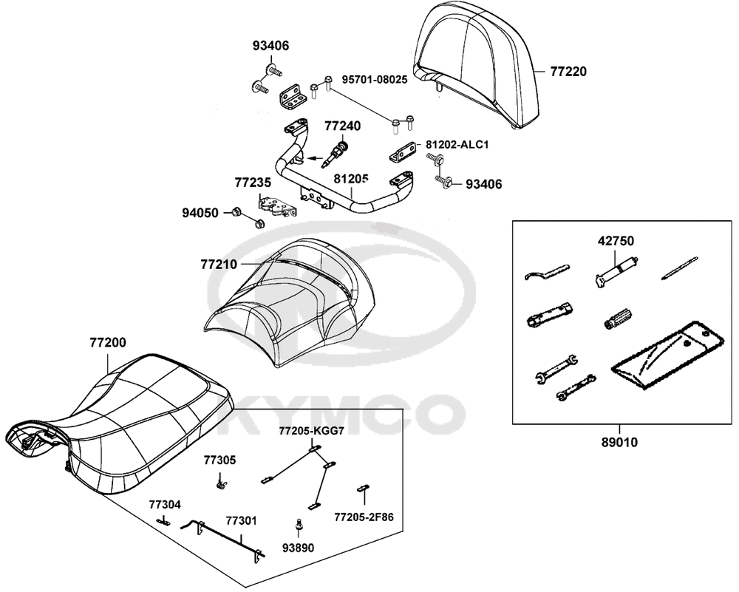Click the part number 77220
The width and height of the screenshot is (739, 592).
coord(568,72)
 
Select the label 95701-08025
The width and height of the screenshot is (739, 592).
coord(375,80)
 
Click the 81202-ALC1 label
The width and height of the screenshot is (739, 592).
coord(457,145)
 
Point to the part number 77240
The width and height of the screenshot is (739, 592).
coord(343,126)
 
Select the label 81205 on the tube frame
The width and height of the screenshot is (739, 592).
coord(351,179)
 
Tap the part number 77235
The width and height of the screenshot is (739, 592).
coord(253,183)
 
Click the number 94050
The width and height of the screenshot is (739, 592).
coord(200,213)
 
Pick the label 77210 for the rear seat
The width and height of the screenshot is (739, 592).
coord(219,265)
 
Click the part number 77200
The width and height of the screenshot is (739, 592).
coord(108,343)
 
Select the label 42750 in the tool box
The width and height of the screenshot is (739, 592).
coord(616,241)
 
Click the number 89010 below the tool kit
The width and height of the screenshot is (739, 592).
coord(619,442)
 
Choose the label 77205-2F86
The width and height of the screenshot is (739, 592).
coord(364,517)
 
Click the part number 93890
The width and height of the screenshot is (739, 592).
coord(299,548)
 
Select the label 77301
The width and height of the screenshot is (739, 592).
coord(242,521)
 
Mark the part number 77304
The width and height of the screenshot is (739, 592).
coord(165,504)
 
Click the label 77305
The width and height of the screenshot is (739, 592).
coord(219,460)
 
